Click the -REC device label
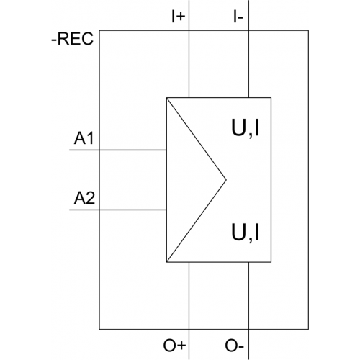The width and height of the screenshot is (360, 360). click(72, 39)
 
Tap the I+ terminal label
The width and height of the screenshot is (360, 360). click(179, 17)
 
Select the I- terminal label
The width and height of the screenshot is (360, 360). click(238, 17)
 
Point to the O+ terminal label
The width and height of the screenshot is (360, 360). click(174, 346)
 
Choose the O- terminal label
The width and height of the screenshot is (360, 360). click(234, 346)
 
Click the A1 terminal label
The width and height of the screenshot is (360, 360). click(84, 138)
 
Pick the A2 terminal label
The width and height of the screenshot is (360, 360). click(84, 198)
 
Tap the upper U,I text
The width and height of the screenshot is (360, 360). click(246, 128)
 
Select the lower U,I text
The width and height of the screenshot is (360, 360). click(246, 233)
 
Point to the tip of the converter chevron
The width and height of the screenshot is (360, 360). click(226, 179)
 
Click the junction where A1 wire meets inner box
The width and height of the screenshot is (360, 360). click(166, 150)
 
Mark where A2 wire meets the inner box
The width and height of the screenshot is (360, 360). click(166, 210)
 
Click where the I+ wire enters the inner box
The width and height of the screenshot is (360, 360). click(189, 98)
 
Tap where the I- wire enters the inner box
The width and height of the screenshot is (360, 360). click(248, 98)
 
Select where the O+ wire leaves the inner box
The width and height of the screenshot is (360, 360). click(189, 262)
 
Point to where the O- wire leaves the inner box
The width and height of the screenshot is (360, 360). click(248, 262)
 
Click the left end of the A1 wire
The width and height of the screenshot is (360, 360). click(70, 150)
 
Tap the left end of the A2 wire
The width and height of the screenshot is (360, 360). click(70, 210)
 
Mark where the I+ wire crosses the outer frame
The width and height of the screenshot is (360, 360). click(189, 30)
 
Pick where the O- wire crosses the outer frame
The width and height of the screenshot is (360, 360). click(248, 329)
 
